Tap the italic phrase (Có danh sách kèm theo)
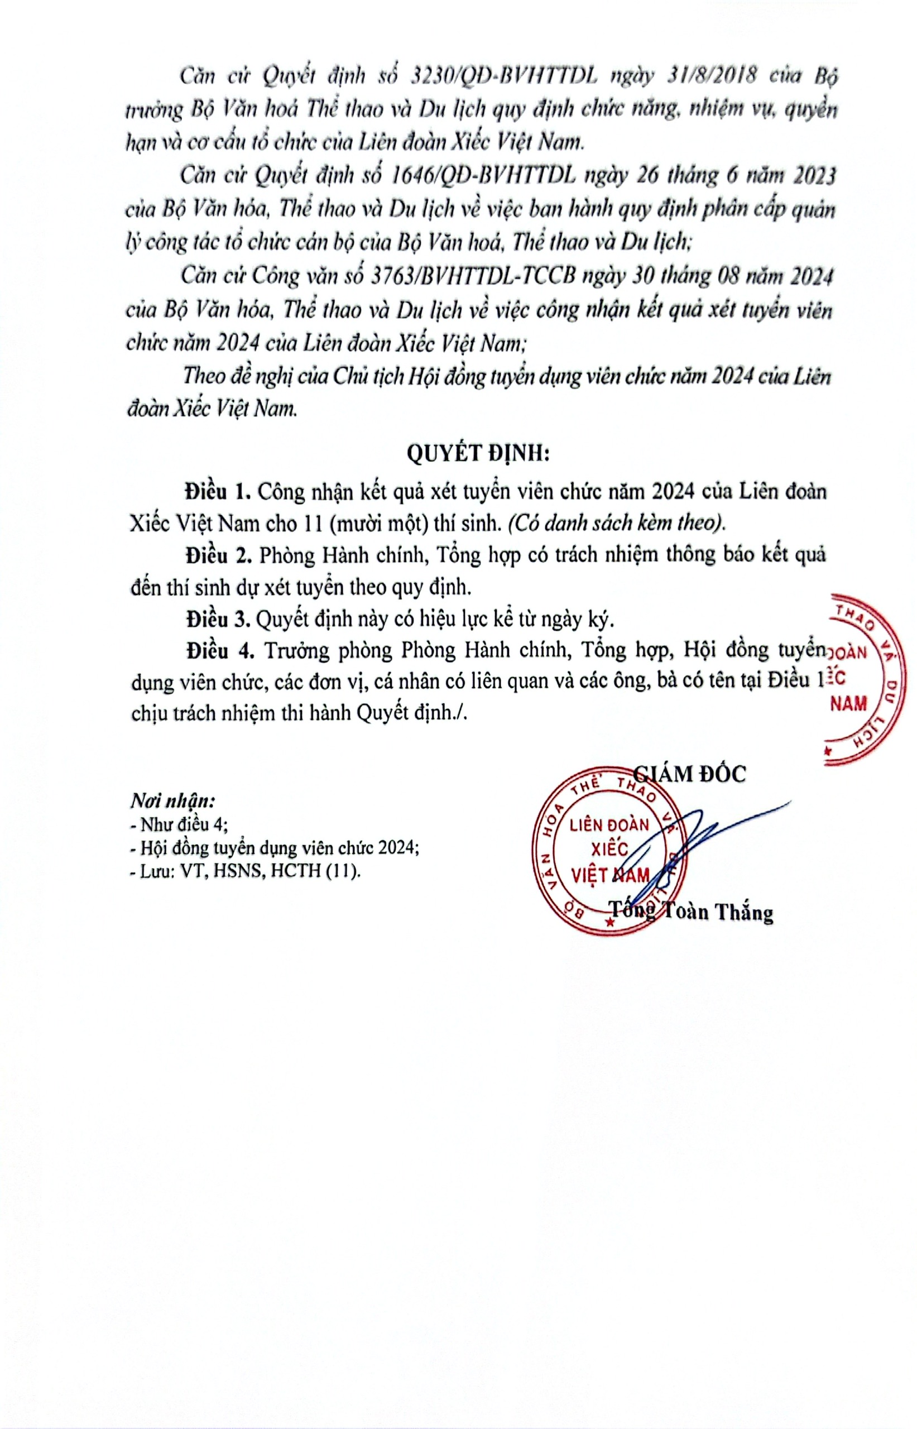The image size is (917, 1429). tap(617, 525)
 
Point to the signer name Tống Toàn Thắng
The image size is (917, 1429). tap(691, 911)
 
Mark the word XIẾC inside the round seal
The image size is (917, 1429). tap(609, 849)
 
